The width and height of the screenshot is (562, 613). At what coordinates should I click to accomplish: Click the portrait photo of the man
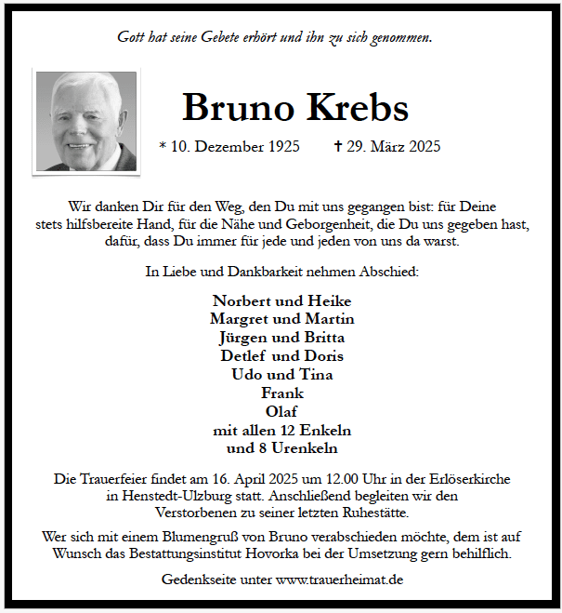coord(85,121)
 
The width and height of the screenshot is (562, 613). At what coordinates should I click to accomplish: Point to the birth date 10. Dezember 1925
coord(235,147)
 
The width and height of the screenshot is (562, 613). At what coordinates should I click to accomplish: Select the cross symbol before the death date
coord(338,147)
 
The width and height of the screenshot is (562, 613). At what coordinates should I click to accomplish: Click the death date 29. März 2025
coord(394,147)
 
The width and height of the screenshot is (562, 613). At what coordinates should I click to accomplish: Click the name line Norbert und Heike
coord(282,300)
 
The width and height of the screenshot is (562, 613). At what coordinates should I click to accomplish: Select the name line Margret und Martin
coord(282,319)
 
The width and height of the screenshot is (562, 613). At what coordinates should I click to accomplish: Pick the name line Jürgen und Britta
coord(282,338)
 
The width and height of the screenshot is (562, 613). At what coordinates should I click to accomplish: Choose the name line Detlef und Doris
coord(282,356)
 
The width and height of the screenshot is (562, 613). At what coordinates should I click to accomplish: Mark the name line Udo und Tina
coord(282,375)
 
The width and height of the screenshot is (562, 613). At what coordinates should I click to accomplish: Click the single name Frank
coord(282,393)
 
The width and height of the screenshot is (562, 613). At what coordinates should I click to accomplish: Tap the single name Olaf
coord(282,411)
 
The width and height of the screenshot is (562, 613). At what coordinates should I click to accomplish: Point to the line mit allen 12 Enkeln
coord(282,430)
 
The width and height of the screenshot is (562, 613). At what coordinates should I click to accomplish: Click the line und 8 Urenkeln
coord(282,448)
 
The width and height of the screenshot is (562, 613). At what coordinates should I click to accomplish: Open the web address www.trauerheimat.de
coord(340,580)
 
